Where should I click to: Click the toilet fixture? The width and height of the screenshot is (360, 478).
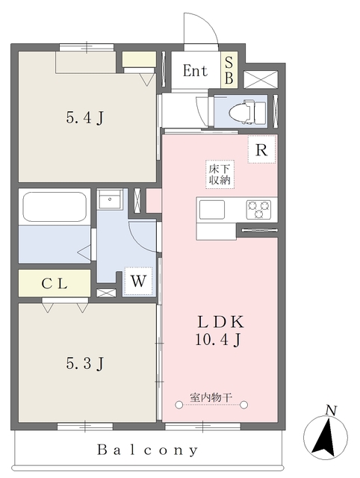click(x=247, y=111)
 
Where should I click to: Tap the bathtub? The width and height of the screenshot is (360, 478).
click(x=55, y=207)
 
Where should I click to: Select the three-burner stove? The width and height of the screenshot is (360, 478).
click(x=258, y=209)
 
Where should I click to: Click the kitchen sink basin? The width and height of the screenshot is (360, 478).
click(x=212, y=210)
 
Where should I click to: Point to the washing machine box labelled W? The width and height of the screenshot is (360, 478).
click(x=138, y=281)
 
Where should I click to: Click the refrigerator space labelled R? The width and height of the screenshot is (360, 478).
click(x=261, y=149)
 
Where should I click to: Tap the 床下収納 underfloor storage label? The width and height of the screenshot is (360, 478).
click(x=220, y=174)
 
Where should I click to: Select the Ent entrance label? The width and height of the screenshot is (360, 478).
click(x=195, y=71)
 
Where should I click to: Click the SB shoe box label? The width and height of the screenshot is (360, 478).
click(x=229, y=70)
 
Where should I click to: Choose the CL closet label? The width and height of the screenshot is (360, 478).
click(x=55, y=284)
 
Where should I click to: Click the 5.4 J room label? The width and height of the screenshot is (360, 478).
click(x=85, y=118)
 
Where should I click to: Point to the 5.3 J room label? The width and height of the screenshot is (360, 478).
click(x=85, y=363)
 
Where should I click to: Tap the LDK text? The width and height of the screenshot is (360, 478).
click(x=220, y=322)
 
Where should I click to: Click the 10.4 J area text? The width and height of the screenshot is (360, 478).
click(x=218, y=339)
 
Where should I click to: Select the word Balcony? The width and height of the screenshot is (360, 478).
click(x=148, y=450)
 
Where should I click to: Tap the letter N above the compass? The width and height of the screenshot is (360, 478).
click(x=331, y=410)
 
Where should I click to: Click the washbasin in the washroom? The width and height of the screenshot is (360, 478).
click(x=110, y=199)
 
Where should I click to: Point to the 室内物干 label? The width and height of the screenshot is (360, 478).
click(x=211, y=397)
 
